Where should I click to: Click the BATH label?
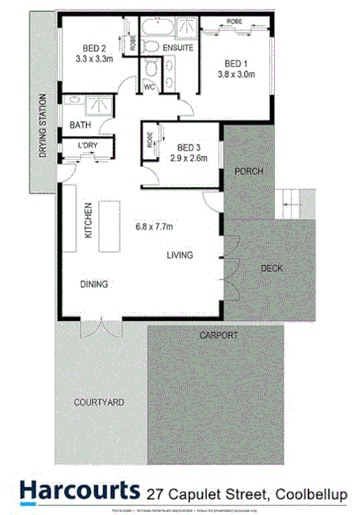[80, 125]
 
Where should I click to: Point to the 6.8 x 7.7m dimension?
[157, 224]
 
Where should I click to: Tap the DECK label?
[273, 268]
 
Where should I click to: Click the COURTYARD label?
[98, 402]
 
